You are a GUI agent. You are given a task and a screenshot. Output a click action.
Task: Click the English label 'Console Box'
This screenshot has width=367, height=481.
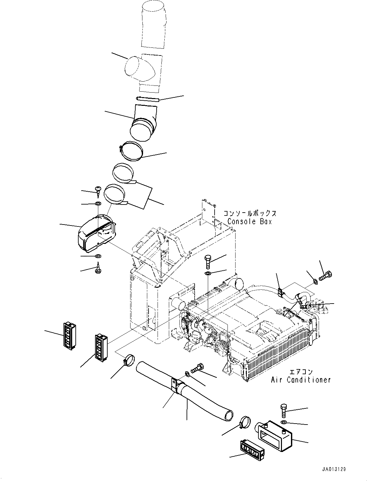tap(250, 222)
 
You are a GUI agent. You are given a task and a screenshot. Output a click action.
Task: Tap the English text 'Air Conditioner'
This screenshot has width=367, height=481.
tap(301, 380)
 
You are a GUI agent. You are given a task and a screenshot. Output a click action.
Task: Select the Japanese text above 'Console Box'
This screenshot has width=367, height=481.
tap(250, 214)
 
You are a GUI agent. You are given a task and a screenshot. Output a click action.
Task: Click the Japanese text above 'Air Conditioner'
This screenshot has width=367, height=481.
tap(301, 372)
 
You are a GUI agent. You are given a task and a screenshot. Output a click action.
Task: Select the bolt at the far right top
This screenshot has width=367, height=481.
tap(325, 276)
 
